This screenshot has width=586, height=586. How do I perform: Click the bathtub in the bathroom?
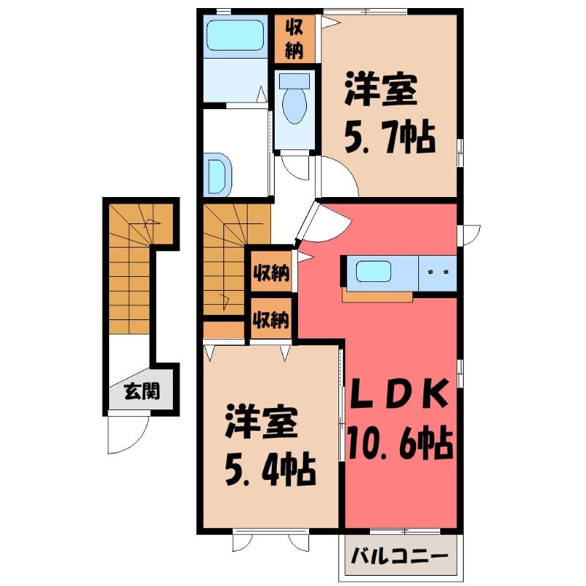coord(235,35)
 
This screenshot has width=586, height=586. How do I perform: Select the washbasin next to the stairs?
coord(218,174)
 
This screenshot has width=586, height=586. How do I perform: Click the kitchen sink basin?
coord(373,271)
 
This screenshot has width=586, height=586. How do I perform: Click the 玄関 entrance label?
coord(142,391)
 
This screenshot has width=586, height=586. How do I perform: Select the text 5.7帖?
coord(390,138)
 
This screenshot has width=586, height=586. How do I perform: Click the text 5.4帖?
coord(270,470)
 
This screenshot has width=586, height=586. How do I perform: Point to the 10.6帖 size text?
coord(400,444)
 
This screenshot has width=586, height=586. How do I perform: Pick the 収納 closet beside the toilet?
coord(294,39)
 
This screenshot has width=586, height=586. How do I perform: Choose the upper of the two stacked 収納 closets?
coord(271,272)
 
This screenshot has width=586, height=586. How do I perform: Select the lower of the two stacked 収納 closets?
coord(271,319)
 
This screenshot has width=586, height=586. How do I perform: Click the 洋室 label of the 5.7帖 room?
coord(381,90)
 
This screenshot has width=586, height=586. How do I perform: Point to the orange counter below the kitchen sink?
coord(377,296)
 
